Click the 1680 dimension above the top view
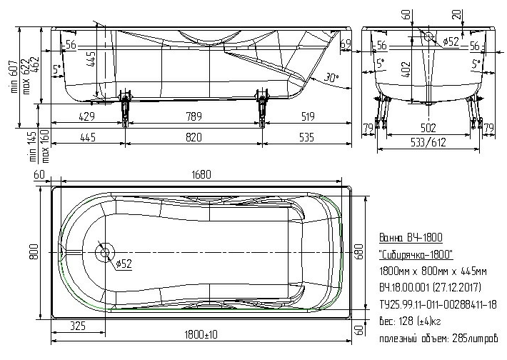pos(201,175)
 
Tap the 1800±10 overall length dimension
pos(201,334)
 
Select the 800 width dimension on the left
pos(34,251)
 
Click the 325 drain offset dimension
pos(78,326)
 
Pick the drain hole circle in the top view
pos(105,252)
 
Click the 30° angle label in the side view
pos(331,78)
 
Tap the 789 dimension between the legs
pos(194,116)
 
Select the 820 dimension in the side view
pos(194,137)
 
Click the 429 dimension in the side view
pos(86,116)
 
